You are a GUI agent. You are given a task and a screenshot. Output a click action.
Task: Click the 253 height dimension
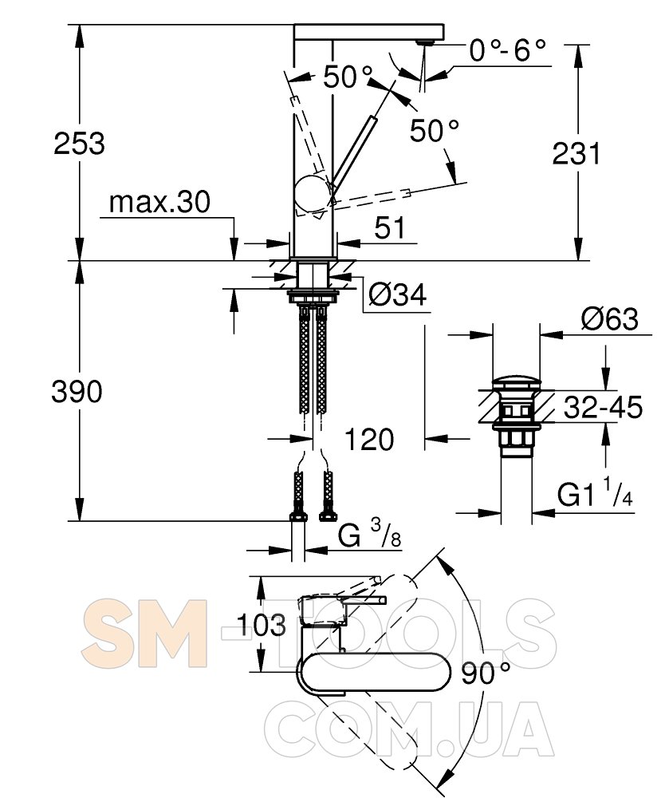(x=79, y=143)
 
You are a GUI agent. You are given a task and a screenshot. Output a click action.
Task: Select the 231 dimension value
(x=576, y=153)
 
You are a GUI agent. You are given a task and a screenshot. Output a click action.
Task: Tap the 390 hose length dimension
(x=77, y=392)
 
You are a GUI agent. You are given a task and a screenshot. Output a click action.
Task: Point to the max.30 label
(x=159, y=202)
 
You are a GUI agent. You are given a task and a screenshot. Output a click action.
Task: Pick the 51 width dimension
(x=391, y=227)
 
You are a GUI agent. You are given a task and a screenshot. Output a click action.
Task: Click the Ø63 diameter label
(x=609, y=319)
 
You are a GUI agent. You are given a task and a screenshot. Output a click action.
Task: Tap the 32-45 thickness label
(x=603, y=407)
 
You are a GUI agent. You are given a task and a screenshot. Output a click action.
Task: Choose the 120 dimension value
(x=369, y=439)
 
